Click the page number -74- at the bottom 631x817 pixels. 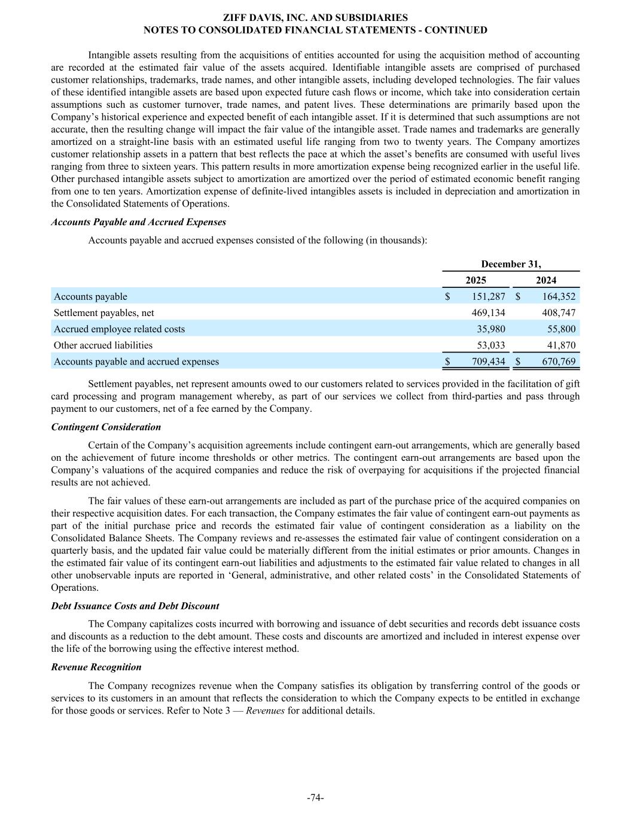(x=315, y=797)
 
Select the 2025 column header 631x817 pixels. (x=475, y=280)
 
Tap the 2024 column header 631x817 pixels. (x=545, y=280)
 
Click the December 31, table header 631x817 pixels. (x=511, y=264)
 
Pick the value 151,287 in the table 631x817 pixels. (x=484, y=296)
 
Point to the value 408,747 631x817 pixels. (x=554, y=312)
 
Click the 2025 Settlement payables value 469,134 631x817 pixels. (x=484, y=312)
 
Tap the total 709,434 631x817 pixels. (x=484, y=362)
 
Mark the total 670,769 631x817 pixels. (x=554, y=362)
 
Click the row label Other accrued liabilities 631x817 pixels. (x=103, y=345)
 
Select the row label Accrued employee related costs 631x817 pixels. (x=119, y=329)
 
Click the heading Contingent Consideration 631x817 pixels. (x=106, y=427)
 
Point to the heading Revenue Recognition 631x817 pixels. (x=96, y=667)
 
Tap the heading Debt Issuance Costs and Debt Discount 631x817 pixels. (x=135, y=606)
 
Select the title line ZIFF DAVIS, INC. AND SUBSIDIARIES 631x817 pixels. (x=315, y=18)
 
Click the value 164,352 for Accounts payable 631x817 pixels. (x=554, y=296)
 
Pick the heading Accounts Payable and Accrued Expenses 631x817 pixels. (x=139, y=222)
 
